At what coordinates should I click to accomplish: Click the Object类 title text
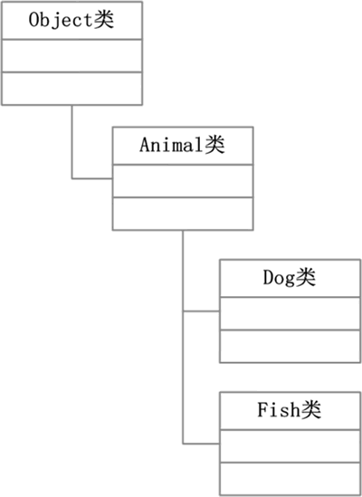71,20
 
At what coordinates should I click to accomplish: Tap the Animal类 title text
182,145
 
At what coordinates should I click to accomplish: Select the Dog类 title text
290,278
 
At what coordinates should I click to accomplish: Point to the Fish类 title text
289,410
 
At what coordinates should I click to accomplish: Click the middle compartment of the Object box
72,56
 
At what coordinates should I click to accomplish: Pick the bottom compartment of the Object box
72,89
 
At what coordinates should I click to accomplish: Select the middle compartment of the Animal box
183,181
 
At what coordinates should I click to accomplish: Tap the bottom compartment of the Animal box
183,214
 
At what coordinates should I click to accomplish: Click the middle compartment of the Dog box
290,313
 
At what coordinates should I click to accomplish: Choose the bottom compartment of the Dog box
290,346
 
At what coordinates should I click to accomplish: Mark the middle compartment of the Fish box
290,446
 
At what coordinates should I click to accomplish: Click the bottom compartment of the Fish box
290,479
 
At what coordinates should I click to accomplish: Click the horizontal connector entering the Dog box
201,311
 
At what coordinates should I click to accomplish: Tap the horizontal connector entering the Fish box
201,444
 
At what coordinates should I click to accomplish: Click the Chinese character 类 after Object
104,20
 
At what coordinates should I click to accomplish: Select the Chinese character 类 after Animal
214,145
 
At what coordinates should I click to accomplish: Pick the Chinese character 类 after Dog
306,278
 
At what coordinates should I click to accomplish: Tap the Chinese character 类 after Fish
311,410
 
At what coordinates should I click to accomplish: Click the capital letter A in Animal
144,145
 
